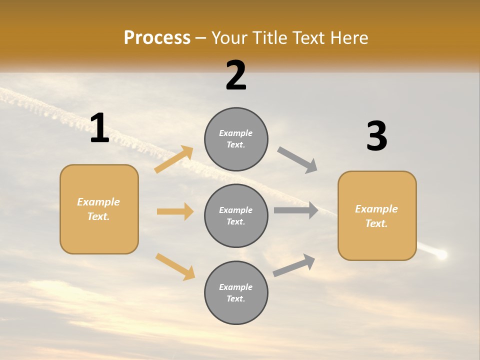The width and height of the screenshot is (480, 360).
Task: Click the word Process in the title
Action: pyautogui.click(x=157, y=38)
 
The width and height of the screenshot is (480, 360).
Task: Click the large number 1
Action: pyautogui.click(x=99, y=128)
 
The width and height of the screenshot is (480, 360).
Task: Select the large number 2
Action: pyautogui.click(x=236, y=75)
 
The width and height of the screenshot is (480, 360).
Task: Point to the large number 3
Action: pyautogui.click(x=376, y=136)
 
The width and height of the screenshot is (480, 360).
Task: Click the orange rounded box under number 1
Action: pyautogui.click(x=99, y=209)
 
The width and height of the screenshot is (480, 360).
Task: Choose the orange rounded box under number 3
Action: pyautogui.click(x=377, y=215)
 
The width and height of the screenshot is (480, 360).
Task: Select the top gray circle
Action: pyautogui.click(x=236, y=139)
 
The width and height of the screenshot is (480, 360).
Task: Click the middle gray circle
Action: pyautogui.click(x=236, y=215)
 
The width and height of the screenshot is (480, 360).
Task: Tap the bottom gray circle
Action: pyautogui.click(x=236, y=292)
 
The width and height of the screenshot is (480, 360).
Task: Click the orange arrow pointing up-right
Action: pyautogui.click(x=174, y=159)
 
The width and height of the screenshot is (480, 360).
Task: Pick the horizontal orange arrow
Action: pyautogui.click(x=175, y=211)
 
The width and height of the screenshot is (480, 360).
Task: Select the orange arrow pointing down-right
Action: pyautogui.click(x=175, y=266)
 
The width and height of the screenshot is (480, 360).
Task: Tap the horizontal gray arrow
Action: pyautogui.click(x=296, y=210)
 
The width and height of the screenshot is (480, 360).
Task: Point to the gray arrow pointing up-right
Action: pyautogui.click(x=294, y=265)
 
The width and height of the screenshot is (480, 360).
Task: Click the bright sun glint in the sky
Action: pyautogui.click(x=441, y=255)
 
